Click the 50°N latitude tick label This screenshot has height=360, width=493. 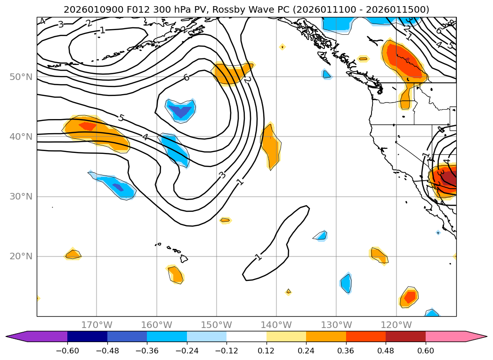click(x=21, y=77)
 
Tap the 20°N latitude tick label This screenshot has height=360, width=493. click(x=21, y=256)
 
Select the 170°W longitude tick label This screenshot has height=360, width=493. click(x=97, y=325)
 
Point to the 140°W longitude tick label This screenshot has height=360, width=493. click(x=276, y=325)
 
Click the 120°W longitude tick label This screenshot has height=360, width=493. click(x=396, y=325)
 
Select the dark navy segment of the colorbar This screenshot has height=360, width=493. click(x=87, y=336)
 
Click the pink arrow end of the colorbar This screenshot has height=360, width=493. click(x=476, y=336)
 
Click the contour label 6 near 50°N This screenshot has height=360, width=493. click(x=186, y=77)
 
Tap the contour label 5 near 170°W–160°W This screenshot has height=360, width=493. click(x=121, y=118)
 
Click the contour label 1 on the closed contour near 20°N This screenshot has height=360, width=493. click(x=258, y=256)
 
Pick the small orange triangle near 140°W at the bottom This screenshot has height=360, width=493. click(x=289, y=292)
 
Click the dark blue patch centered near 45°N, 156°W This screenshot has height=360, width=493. click(x=181, y=111)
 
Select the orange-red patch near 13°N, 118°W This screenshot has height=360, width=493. click(x=409, y=297)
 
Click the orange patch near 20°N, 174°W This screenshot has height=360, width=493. click(x=73, y=255)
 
